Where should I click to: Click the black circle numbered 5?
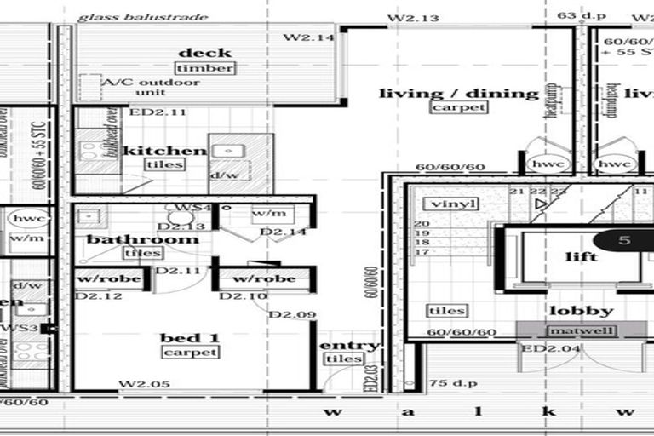tap(624, 240)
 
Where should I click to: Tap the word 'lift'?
tap(581, 256)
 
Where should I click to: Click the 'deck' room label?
tap(205, 53)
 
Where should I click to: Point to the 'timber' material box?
tap(205, 68)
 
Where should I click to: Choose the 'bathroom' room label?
tap(142, 239)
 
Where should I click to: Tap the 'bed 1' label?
tap(190, 338)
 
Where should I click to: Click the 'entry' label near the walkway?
tap(348, 345)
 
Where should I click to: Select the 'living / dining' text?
tap(458, 94)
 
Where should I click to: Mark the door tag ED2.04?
tap(541, 348)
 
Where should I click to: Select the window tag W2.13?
tap(413, 17)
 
